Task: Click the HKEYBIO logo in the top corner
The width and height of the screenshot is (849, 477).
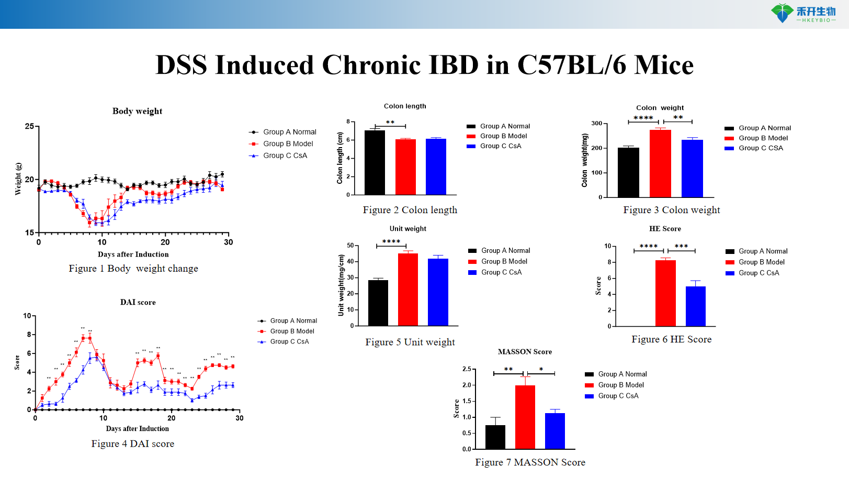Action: point(803,13)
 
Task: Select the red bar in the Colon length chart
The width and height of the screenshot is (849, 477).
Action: point(405,167)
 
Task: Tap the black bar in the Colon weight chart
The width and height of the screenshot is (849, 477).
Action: point(628,172)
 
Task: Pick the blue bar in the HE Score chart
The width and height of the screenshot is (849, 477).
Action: point(695,306)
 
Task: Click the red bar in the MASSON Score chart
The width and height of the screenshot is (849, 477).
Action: point(525,417)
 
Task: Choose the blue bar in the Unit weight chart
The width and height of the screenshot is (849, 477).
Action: point(438,292)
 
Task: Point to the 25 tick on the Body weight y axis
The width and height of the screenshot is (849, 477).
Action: point(29,126)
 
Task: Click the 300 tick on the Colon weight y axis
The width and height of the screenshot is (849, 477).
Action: point(596,124)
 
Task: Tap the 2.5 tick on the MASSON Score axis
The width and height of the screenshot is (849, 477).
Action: point(467,369)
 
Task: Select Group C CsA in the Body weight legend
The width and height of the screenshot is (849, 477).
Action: point(285,156)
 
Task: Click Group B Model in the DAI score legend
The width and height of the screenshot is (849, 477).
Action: point(292,331)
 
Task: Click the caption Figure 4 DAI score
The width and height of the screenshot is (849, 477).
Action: point(132,444)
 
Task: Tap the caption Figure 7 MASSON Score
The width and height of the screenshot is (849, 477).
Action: point(530,462)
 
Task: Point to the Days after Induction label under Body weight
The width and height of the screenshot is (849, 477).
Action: point(133,254)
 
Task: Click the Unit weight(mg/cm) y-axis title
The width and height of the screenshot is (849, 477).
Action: point(341,285)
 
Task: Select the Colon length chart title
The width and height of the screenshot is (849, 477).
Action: point(405,106)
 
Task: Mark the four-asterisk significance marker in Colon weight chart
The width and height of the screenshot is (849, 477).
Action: point(643,118)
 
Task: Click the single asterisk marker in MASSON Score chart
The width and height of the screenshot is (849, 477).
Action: point(541,370)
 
